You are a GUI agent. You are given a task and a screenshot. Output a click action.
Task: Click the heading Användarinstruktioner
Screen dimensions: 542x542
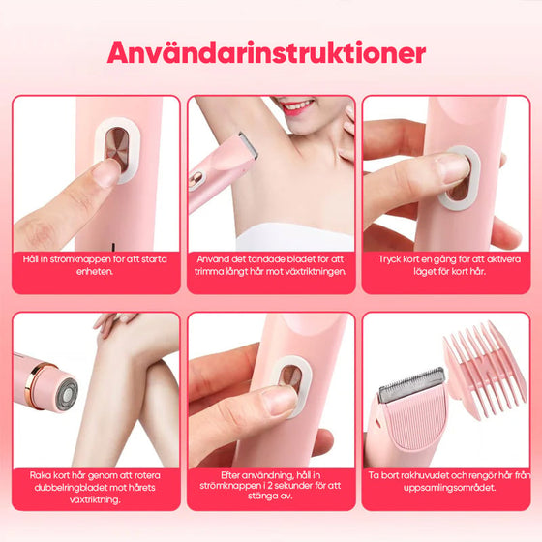pos(266,53)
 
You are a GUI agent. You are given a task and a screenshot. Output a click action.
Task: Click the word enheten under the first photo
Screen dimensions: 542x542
pos(95,271)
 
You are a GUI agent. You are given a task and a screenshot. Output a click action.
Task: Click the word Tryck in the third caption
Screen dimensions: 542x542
pos(390,259)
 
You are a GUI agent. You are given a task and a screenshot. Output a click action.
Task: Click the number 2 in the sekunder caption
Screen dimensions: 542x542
pos(270,486)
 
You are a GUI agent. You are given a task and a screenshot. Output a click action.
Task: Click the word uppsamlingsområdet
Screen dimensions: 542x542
pos(450,488)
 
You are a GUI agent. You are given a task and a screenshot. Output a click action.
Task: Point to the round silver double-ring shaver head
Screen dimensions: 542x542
pos(68,394)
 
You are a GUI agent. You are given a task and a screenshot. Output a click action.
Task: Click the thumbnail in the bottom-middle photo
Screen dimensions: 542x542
pos(280,399)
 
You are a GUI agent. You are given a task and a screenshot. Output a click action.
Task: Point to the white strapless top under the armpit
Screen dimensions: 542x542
pos(295,237)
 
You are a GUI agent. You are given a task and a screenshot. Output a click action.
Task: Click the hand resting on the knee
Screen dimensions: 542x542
pos(114,323)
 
